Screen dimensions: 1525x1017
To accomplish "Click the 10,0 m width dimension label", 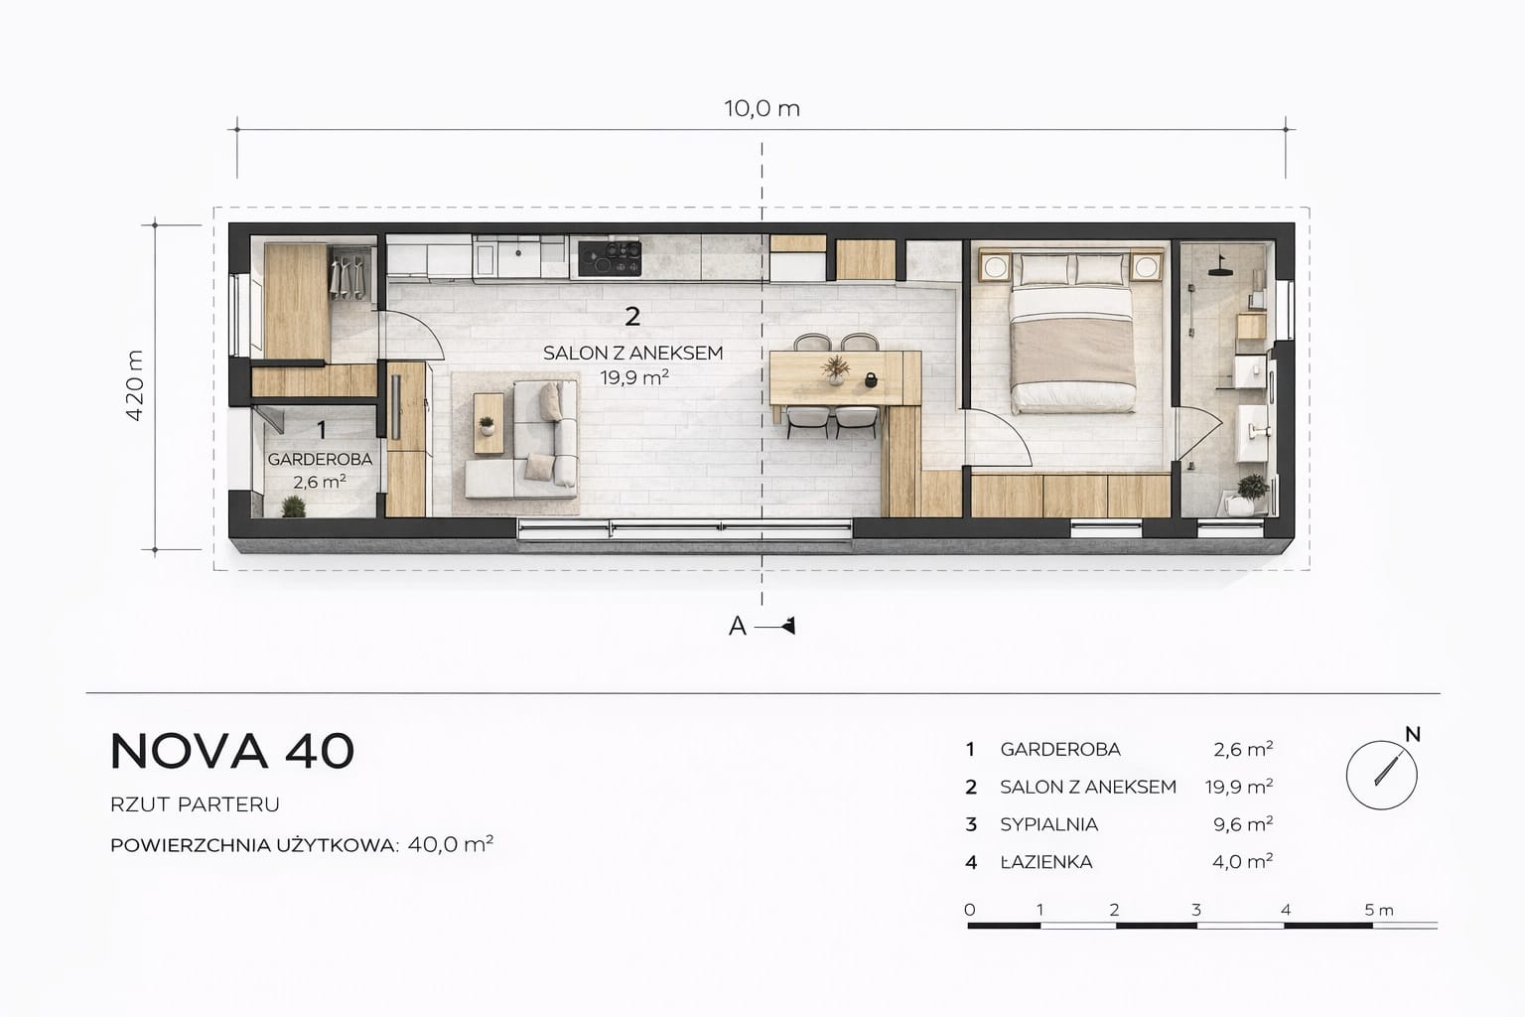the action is coord(762,108).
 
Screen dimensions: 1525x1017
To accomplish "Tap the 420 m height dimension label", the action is coord(135,385).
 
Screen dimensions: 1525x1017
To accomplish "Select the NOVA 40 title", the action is coord(232,752).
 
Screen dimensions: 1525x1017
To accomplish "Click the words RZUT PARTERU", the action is coord(195,804).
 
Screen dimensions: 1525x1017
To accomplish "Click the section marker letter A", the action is coord(738,626).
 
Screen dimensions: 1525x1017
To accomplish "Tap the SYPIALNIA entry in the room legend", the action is coord(1048,824).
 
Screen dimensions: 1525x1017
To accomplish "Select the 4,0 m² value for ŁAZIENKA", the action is coord(1242,862).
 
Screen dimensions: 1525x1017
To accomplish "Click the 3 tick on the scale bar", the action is coord(1196,910).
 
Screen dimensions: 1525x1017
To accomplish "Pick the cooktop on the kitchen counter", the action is coord(610,259).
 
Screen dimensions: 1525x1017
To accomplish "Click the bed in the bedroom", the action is coord(1071,332).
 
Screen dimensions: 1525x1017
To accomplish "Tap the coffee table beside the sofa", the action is coord(488,424).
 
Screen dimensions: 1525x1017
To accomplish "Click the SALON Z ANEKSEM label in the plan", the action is coord(632,353).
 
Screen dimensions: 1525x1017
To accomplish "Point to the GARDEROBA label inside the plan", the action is coord(320,459).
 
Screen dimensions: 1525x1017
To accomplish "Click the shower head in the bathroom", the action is coord(1220,268).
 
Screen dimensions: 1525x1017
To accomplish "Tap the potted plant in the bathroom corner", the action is coord(1250,494).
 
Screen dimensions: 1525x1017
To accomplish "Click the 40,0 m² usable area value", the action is coord(450,844).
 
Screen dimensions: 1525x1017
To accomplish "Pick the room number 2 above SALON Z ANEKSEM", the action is coord(632,317).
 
